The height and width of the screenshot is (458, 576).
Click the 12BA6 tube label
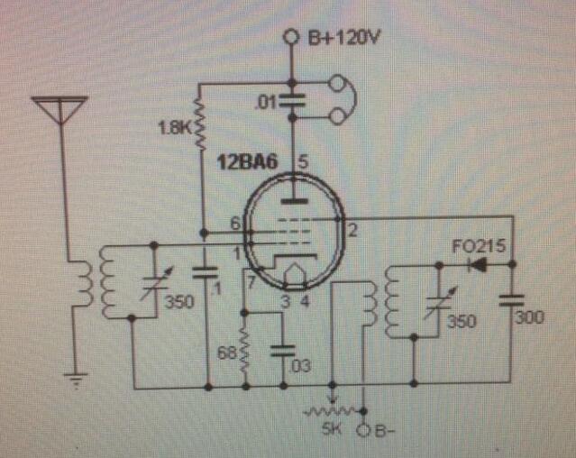[243, 163]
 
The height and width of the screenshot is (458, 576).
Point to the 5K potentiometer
[334, 409]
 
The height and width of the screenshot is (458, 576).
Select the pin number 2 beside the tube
[352, 229]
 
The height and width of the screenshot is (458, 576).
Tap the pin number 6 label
[234, 223]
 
